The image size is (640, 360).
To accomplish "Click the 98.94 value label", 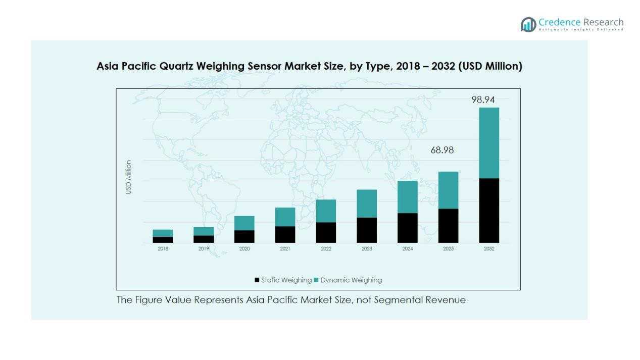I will (x=483, y=100).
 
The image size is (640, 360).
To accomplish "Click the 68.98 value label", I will (x=442, y=150).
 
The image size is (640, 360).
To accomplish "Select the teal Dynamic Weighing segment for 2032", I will (x=489, y=143).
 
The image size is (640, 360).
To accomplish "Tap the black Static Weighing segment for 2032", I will (x=489, y=211).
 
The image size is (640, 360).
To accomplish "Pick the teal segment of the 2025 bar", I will (x=448, y=190).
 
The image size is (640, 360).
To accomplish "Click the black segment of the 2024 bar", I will (x=407, y=228).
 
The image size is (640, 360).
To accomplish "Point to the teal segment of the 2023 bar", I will (x=367, y=203).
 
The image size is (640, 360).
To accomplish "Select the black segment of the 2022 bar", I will (x=326, y=232).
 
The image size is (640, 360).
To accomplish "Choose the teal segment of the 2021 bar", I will (x=285, y=217).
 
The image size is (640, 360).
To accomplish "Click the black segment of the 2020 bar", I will (x=244, y=236).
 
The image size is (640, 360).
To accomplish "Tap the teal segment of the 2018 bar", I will (x=163, y=233).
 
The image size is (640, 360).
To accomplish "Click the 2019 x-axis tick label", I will (x=204, y=249).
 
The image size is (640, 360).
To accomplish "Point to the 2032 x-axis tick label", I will (x=489, y=249).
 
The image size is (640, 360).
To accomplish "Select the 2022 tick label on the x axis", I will (x=326, y=249).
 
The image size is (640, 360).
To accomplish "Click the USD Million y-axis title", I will (x=128, y=177).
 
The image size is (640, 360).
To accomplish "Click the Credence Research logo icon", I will (x=528, y=24).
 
